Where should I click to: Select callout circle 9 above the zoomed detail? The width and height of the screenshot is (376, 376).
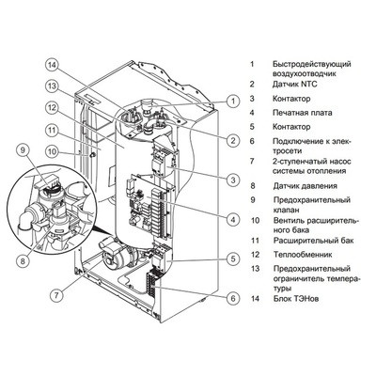pyautogui.click(x=23, y=149)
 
